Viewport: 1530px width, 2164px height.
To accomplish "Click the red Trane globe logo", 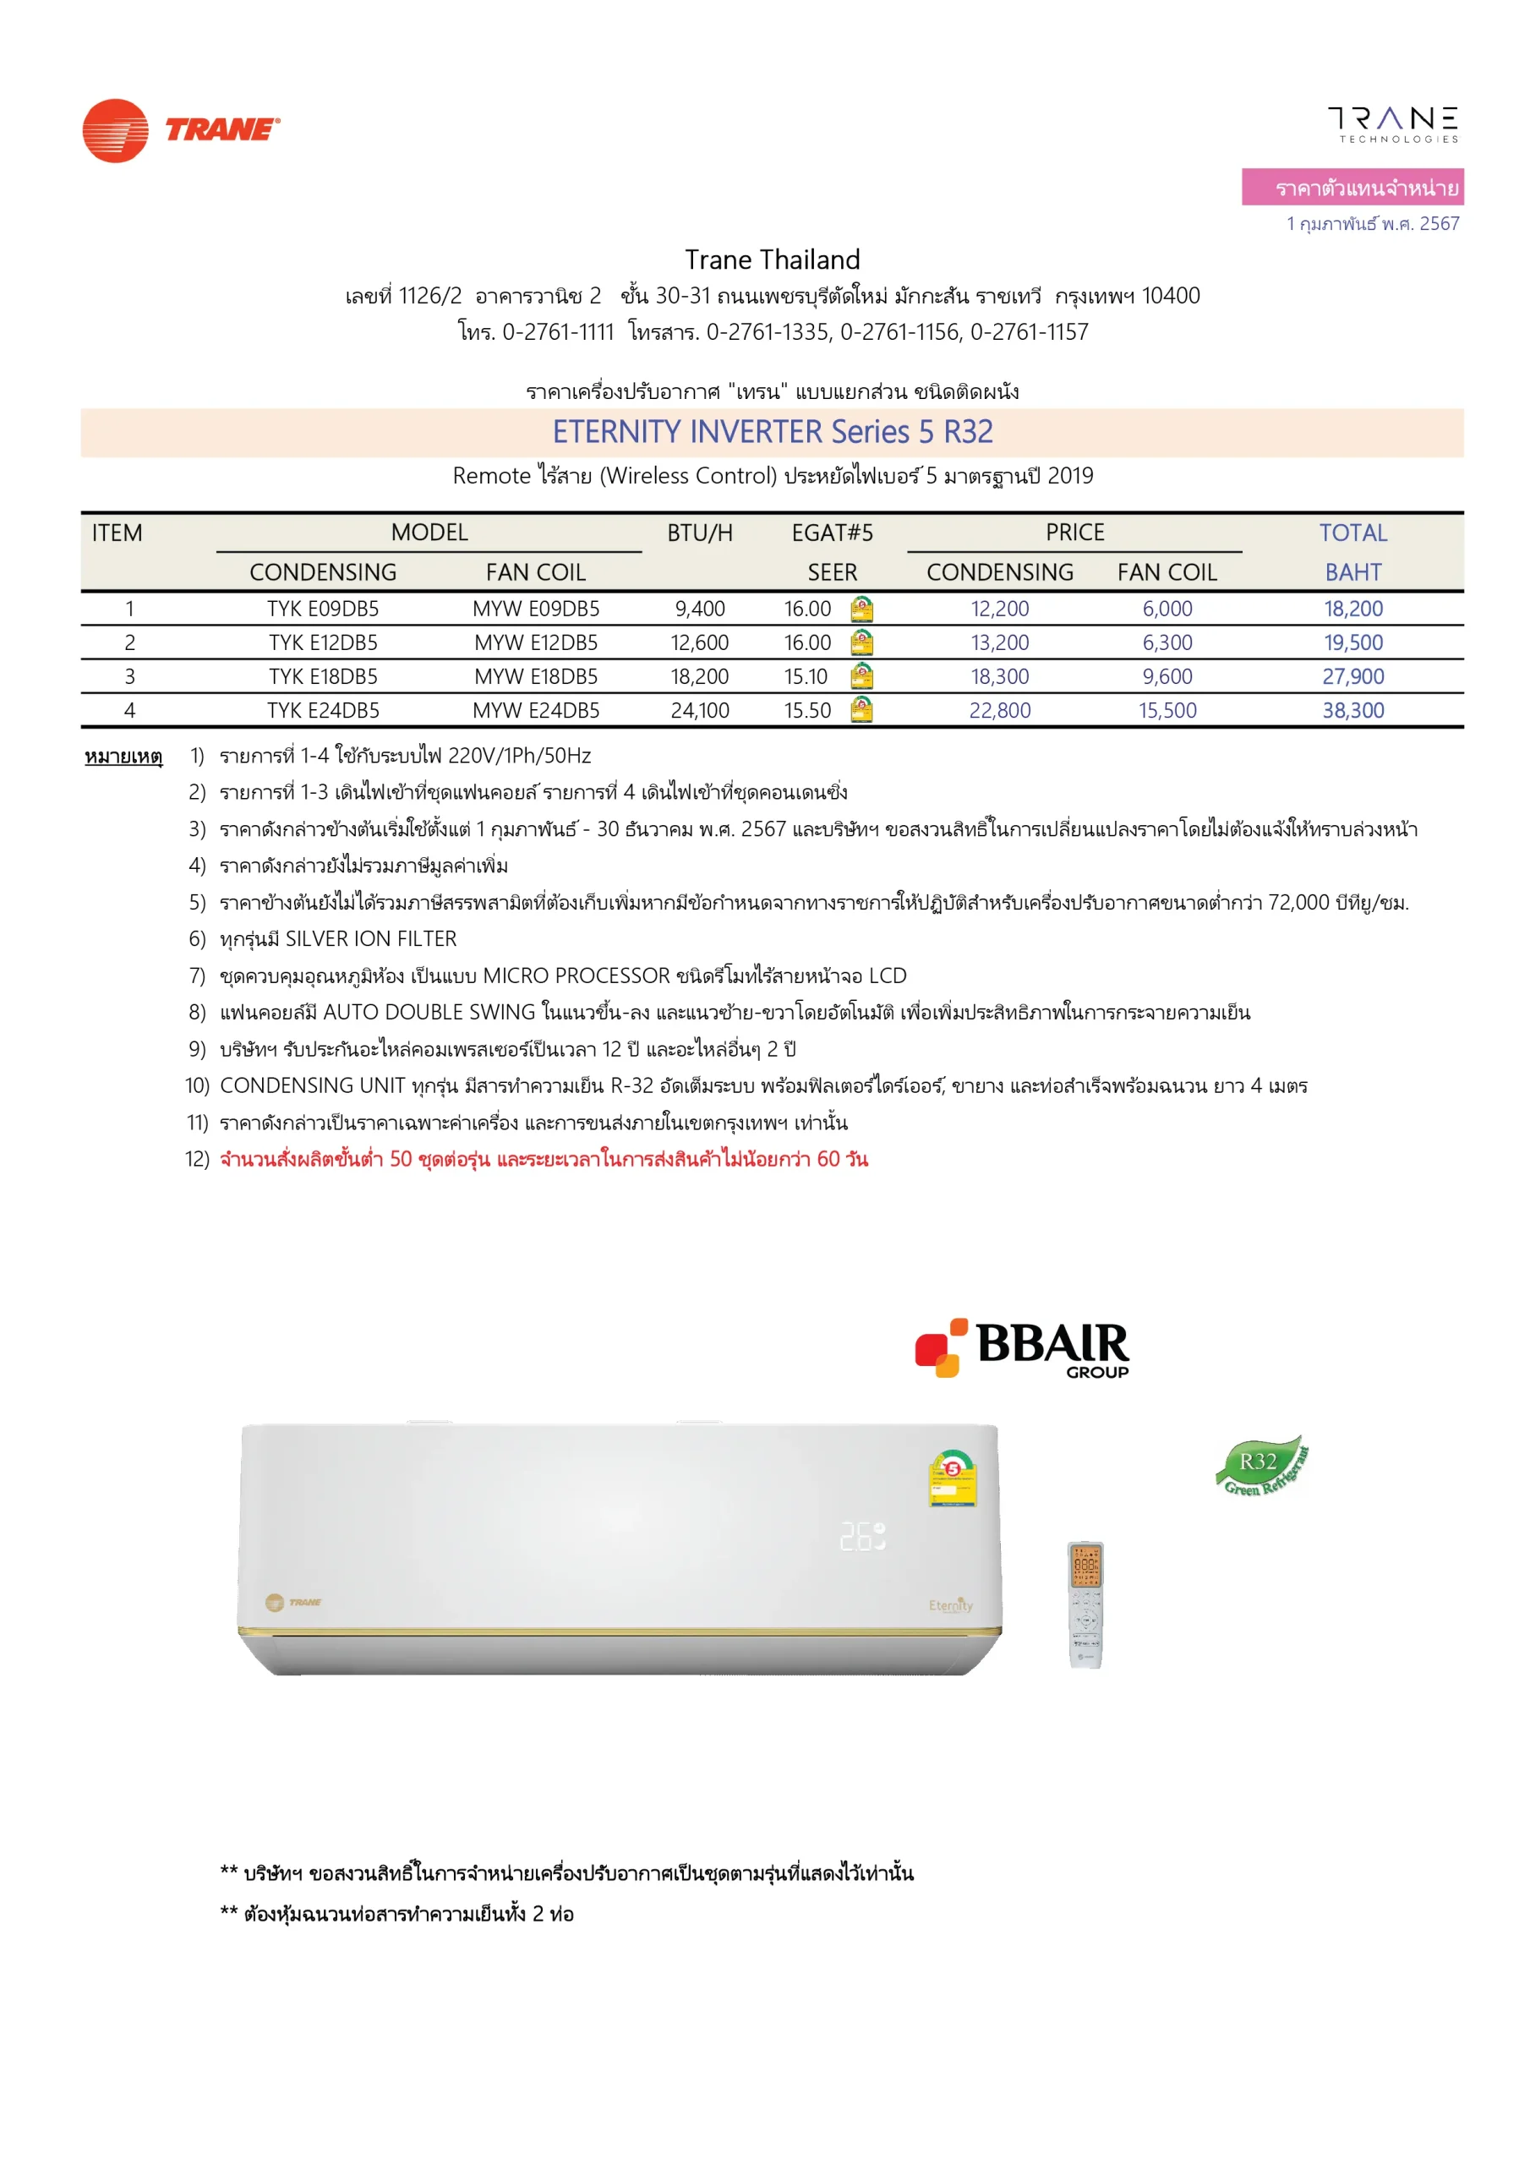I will pos(115,130).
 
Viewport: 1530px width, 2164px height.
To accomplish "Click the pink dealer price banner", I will pos(1352,187).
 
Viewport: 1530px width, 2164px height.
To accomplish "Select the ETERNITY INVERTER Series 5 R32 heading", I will pos(772,432).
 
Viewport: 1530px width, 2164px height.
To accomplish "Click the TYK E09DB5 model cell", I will pos(322,609).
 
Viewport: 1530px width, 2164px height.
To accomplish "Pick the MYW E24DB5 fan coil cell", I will pos(535,711).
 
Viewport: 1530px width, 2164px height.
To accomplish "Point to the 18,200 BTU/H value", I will pos(699,677).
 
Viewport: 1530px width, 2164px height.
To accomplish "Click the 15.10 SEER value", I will pos(806,677).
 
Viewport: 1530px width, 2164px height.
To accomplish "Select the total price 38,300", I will pos(1352,711).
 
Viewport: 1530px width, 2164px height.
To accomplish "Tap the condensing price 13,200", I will pos(999,642).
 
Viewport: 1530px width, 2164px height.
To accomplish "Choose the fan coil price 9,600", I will pos(1167,677).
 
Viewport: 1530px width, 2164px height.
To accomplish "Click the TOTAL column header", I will pos(1352,533).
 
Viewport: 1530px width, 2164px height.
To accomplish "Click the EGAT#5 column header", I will pos(832,533).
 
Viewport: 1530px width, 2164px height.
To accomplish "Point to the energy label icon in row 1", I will pos(861,609).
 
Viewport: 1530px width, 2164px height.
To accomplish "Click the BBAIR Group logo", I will pos(1022,1347).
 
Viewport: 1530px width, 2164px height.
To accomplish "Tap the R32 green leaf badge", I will pos(1261,1467).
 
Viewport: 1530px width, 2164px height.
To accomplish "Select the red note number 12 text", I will pos(543,1159).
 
